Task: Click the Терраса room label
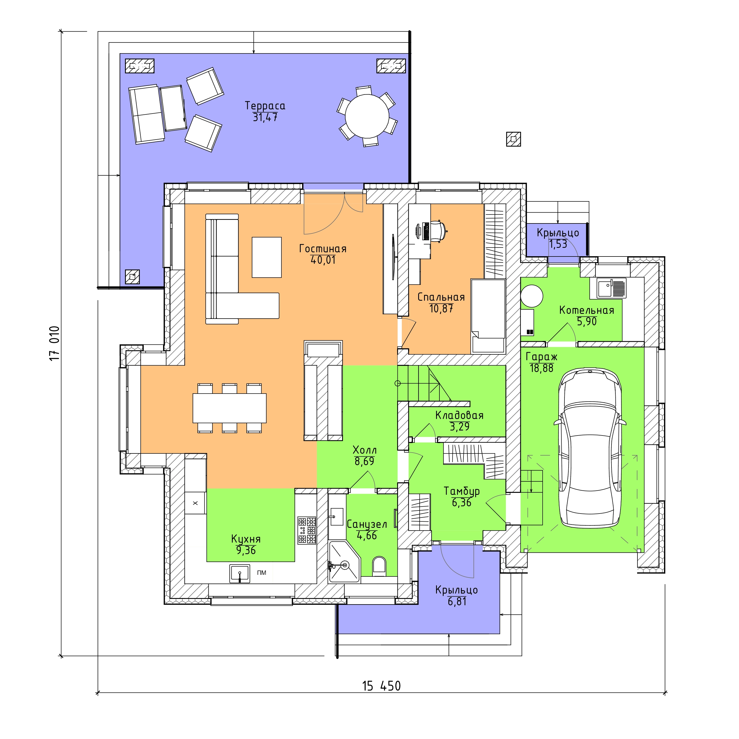[x=265, y=105]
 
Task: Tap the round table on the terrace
[x=367, y=116]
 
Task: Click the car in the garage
[x=590, y=448]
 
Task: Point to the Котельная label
[x=586, y=310]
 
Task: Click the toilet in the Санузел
[x=379, y=566]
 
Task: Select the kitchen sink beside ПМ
[x=240, y=573]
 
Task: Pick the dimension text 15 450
[x=381, y=686]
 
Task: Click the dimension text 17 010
[x=54, y=343]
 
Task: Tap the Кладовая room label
[x=459, y=415]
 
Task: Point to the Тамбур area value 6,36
[x=462, y=503]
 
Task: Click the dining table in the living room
[x=229, y=408]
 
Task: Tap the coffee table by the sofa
[x=267, y=257]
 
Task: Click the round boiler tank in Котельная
[x=532, y=296]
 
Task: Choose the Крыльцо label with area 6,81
[x=457, y=590]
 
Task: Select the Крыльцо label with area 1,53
[x=558, y=232]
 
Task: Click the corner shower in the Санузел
[x=344, y=561]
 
